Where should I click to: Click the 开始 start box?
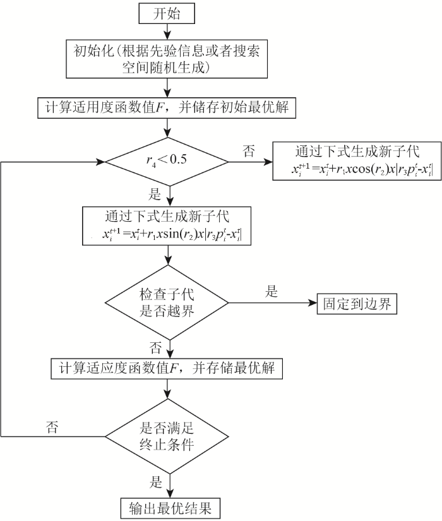click(x=167, y=14)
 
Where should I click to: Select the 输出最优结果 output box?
click(x=170, y=508)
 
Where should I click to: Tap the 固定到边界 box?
click(x=357, y=304)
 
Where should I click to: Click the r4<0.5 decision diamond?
click(x=167, y=162)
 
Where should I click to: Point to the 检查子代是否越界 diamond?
click(x=167, y=302)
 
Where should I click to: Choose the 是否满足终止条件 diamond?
click(x=167, y=436)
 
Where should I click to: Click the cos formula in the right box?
click(x=362, y=169)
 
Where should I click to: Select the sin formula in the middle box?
click(x=172, y=234)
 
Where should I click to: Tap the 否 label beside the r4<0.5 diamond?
click(x=249, y=151)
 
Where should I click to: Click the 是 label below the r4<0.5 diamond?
click(x=155, y=194)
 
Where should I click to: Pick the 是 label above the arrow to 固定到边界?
click(x=271, y=291)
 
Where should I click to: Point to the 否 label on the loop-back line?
click(x=52, y=427)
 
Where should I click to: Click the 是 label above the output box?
click(x=155, y=482)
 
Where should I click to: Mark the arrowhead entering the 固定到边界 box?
click(x=313, y=303)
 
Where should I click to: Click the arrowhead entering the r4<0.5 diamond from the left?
click(x=100, y=162)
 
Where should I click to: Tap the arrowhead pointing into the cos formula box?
click(x=268, y=162)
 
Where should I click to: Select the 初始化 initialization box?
click(x=167, y=59)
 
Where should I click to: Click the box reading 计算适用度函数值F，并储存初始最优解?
click(x=167, y=107)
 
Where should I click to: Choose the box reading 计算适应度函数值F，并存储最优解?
click(x=167, y=368)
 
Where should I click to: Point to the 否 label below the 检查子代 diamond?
click(x=155, y=348)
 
